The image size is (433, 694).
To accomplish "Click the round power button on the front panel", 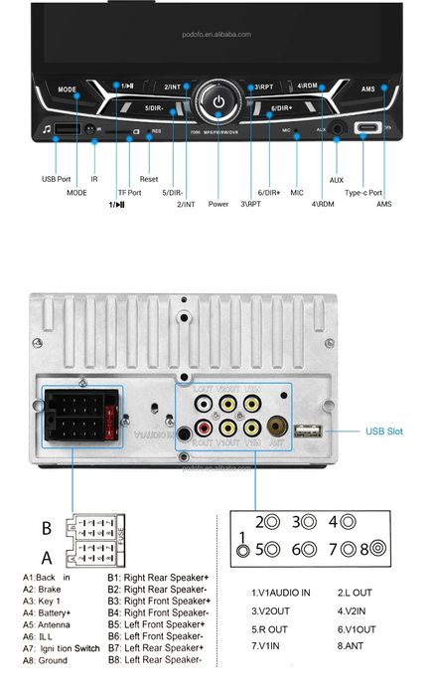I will coord(217,99).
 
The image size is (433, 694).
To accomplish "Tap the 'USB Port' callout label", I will coord(56,179).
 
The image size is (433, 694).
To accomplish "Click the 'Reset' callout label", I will coord(149,179).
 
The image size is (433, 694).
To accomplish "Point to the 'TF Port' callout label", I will coord(129,192).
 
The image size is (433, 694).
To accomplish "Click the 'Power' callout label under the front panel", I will coord(218,205).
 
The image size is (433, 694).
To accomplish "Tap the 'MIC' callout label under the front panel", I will coord(296,192).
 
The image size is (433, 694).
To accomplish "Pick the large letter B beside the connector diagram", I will coord(46,527).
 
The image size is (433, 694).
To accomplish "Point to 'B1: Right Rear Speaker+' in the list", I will coord(159,578).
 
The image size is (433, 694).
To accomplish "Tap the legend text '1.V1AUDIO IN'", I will coord(281,593).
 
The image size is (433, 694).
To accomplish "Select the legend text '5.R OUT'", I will coord(269,628).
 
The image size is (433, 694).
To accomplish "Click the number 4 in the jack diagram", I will coord(333,521).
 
